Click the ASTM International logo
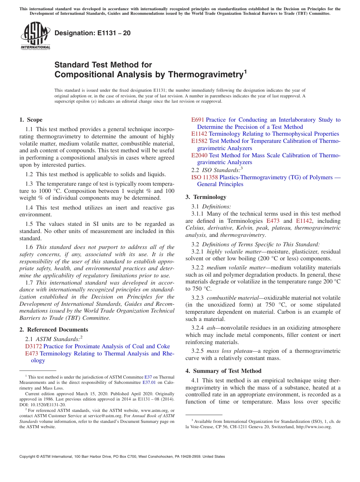tap(35, 36)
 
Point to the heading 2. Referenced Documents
tap(54, 330)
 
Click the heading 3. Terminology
tap(206, 197)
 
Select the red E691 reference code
tap(198, 120)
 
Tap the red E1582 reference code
tap(199, 141)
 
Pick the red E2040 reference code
tap(199, 155)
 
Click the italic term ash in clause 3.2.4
tap(211, 328)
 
